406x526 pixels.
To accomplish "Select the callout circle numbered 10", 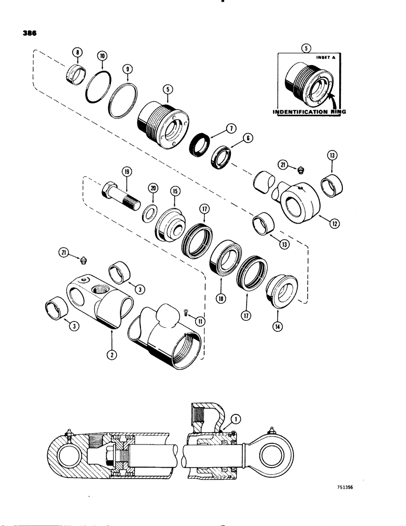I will tap(101, 56).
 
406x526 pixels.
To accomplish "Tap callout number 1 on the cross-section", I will tap(235, 403).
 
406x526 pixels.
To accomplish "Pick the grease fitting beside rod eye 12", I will tap(300, 168).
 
